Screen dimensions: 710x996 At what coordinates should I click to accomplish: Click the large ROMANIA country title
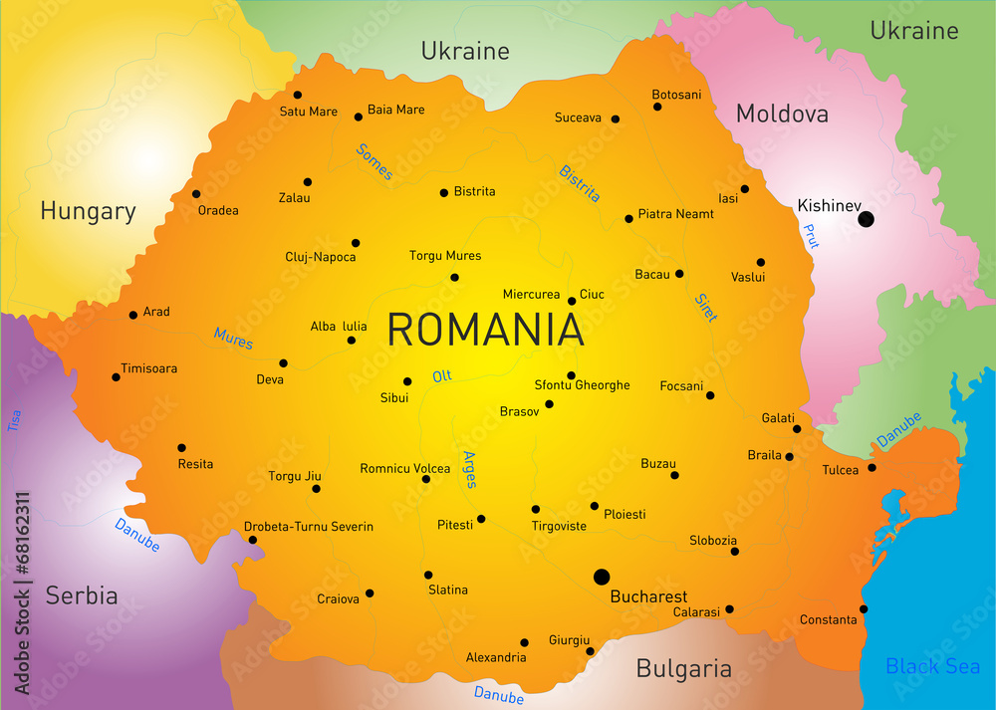tap(485, 330)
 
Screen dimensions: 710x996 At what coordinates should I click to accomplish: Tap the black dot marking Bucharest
tap(602, 577)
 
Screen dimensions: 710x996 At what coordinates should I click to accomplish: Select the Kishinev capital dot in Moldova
tap(866, 219)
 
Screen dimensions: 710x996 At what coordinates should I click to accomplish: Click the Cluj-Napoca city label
tap(321, 257)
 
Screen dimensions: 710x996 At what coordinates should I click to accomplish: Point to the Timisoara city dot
tap(117, 377)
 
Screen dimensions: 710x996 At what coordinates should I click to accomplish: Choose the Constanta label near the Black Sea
tap(828, 620)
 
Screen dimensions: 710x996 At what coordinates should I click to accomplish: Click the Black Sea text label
tap(932, 666)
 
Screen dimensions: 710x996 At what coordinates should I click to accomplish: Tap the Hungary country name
tap(88, 211)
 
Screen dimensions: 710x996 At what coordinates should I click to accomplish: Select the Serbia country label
tap(82, 596)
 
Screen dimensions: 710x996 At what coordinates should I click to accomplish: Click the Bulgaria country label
tap(684, 668)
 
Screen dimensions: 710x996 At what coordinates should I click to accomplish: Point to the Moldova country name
tap(782, 115)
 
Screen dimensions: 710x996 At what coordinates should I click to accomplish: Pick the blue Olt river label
tap(442, 376)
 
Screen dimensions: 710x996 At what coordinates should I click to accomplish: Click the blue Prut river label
tap(811, 236)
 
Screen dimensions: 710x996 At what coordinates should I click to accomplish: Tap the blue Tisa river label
tap(15, 421)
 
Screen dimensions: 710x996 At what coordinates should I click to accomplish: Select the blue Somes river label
tap(374, 161)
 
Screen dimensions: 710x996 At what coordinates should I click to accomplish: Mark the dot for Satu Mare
tap(298, 96)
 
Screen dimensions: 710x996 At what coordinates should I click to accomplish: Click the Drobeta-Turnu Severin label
tap(309, 527)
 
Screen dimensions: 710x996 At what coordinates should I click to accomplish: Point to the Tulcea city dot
tap(871, 467)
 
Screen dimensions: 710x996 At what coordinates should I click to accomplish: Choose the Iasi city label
tap(728, 198)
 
